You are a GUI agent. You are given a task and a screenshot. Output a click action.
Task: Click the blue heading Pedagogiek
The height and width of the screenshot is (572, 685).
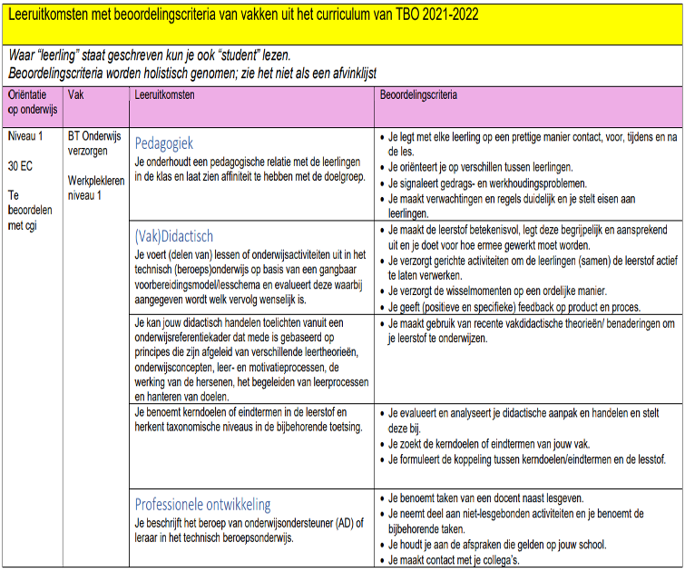(x=164, y=143)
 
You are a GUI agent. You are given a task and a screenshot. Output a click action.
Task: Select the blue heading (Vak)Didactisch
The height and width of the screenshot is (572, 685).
(x=174, y=236)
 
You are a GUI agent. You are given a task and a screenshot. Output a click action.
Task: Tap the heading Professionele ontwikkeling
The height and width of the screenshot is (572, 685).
(x=202, y=505)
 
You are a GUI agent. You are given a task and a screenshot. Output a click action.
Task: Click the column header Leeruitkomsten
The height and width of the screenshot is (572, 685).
(x=164, y=94)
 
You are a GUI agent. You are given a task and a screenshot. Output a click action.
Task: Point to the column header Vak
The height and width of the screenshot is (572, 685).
(x=76, y=94)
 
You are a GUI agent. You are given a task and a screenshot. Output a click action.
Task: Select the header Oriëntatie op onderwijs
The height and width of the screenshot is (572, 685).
(x=32, y=101)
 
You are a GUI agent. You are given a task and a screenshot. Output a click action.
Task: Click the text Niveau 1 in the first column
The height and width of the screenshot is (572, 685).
(x=26, y=135)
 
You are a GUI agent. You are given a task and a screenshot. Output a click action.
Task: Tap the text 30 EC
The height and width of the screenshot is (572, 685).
(x=21, y=166)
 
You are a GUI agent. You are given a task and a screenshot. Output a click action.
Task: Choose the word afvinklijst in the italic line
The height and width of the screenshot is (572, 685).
(x=346, y=72)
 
